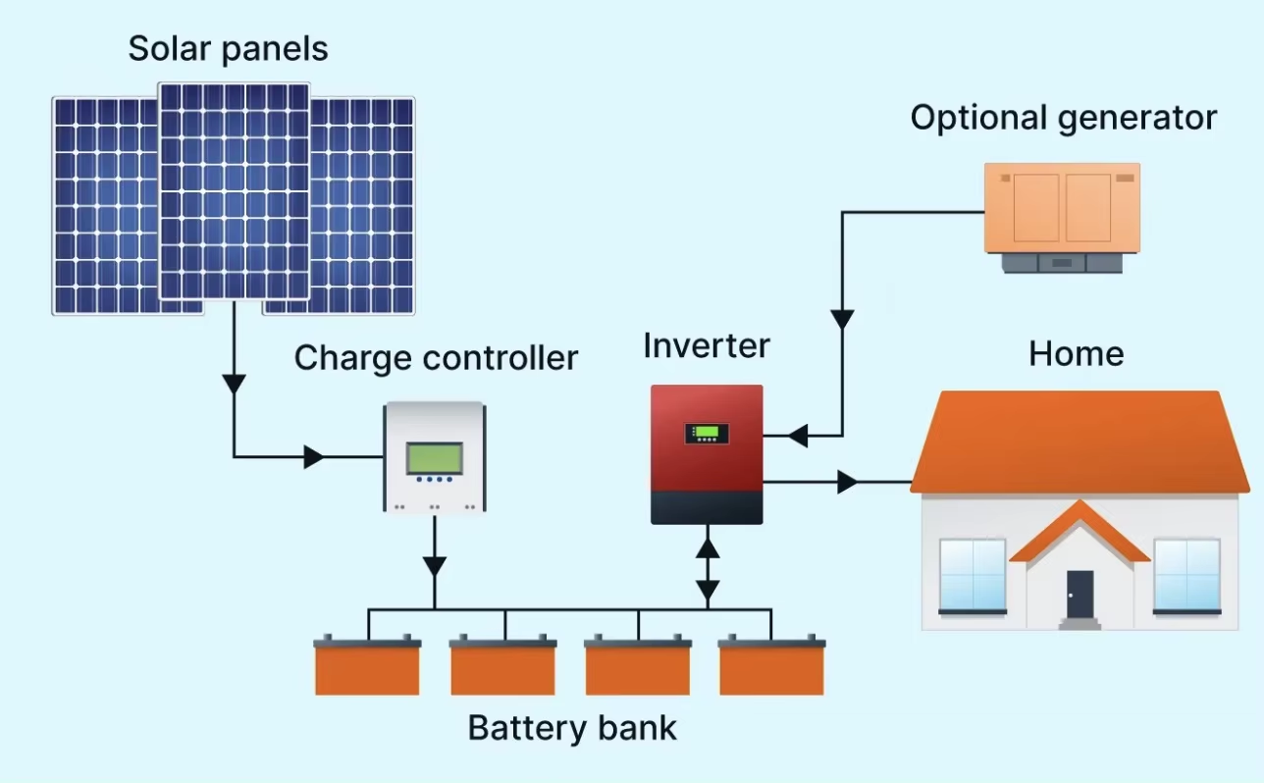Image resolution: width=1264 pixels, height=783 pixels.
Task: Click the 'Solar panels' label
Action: (x=228, y=49)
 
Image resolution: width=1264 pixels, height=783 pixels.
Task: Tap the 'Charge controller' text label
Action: (x=436, y=358)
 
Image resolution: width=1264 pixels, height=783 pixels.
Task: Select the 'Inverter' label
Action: (x=707, y=345)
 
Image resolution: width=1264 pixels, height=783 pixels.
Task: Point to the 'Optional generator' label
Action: (x=1064, y=119)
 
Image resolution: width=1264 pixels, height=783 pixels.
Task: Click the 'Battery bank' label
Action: (x=572, y=728)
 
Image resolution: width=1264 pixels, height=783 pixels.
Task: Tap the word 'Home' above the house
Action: (x=1077, y=353)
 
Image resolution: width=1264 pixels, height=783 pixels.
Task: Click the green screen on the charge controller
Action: (x=435, y=458)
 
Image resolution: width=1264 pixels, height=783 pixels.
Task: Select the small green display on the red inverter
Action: (x=707, y=433)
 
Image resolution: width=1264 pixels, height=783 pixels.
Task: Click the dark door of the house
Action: (x=1080, y=594)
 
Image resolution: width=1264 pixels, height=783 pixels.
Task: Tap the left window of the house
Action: (x=973, y=575)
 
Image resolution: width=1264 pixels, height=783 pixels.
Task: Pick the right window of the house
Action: (x=1187, y=575)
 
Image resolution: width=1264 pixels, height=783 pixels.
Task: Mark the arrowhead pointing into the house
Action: (x=848, y=483)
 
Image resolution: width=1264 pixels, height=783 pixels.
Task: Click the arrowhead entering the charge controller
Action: (x=314, y=457)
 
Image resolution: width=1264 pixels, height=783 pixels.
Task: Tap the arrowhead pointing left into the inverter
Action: (x=798, y=436)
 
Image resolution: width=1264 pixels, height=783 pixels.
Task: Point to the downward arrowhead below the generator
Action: (x=842, y=320)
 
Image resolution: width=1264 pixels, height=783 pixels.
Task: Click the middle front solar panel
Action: (x=235, y=191)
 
